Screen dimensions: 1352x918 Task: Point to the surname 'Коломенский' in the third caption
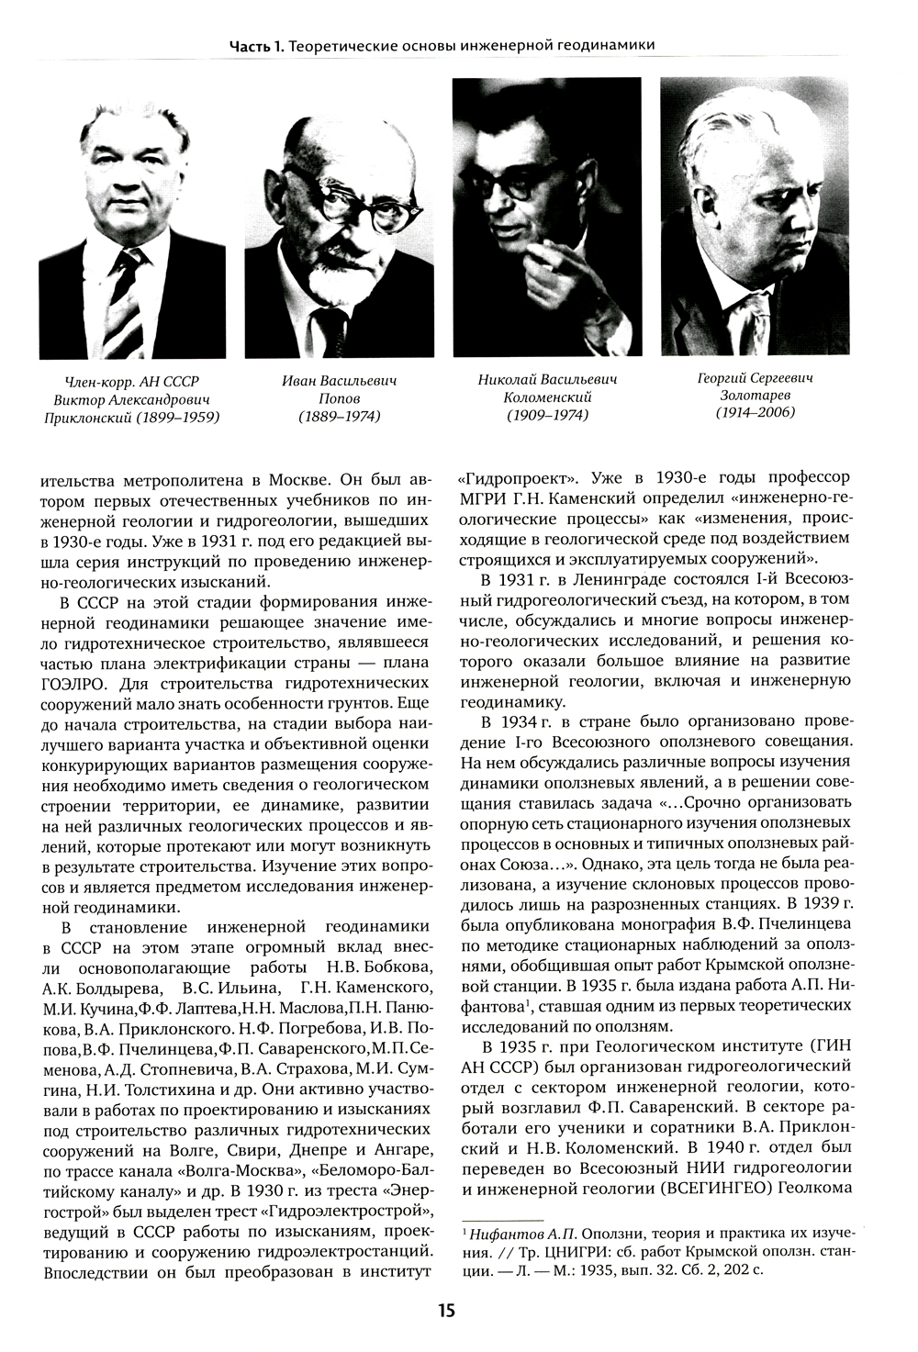pos(547,397)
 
